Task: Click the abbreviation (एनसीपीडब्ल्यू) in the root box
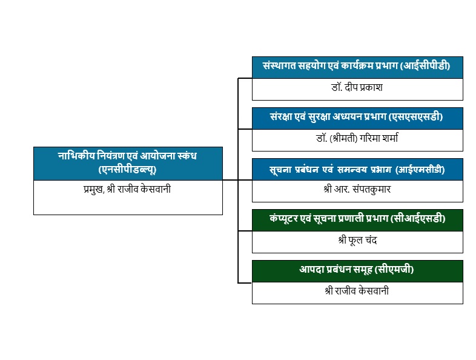[127, 169]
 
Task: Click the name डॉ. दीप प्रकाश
[357, 87]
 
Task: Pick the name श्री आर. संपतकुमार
[357, 189]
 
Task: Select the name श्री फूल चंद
[357, 240]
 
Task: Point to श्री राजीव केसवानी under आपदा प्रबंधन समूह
[357, 291]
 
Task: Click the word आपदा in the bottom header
[312, 269]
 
